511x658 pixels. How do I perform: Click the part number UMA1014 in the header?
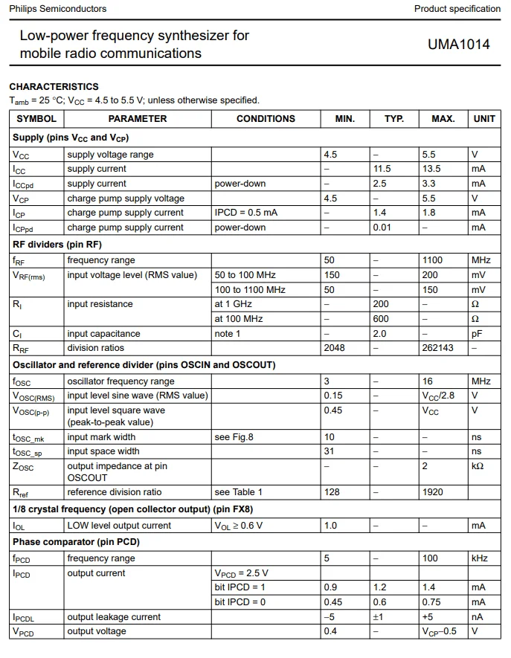coord(458,44)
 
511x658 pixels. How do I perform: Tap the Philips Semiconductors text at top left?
coord(58,9)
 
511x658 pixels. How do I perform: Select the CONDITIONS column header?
coord(266,118)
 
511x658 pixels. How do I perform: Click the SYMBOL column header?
coord(36,118)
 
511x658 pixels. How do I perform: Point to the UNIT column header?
coord(483,118)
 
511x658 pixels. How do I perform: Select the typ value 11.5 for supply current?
coord(382,169)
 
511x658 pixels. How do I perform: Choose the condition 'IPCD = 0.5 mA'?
coord(246,213)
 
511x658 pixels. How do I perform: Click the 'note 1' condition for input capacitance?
coord(228,334)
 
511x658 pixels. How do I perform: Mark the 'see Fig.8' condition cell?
coord(234,437)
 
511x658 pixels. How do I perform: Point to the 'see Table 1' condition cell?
coord(239,492)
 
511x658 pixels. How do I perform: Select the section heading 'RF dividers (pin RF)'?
coord(57,245)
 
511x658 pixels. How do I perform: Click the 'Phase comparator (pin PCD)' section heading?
coord(76,542)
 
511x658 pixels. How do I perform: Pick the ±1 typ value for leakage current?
coord(378,617)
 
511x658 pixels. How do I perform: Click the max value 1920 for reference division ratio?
coord(432,492)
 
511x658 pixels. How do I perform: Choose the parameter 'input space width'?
coord(103,451)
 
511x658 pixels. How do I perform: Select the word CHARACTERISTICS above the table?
coord(54,87)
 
